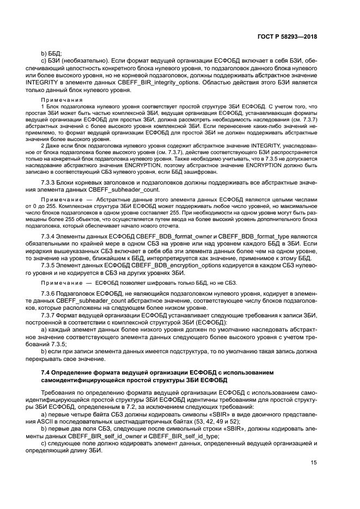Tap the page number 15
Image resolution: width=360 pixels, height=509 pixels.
(x=313, y=478)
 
